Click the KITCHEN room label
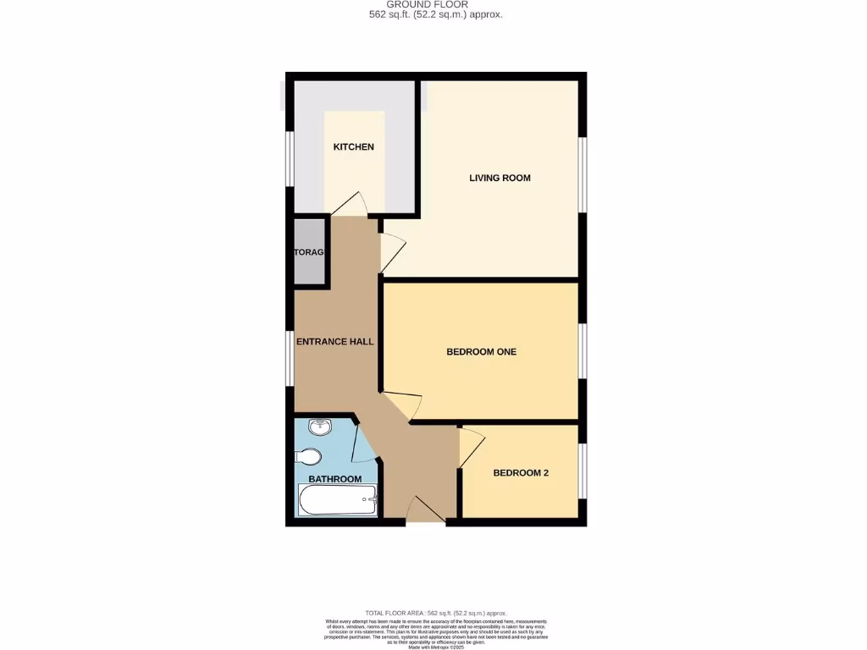pos(353,147)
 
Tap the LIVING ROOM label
pos(500,178)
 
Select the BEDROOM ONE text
pos(481,351)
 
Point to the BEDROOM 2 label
pos(521,473)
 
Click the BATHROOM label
pos(334,479)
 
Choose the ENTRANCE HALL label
pos(334,342)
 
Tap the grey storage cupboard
pos(310,252)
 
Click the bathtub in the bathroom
pos(336,500)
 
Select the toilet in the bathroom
pos(308,457)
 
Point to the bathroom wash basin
pos(318,428)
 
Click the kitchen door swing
pos(349,204)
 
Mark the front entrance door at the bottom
pos(426,511)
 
